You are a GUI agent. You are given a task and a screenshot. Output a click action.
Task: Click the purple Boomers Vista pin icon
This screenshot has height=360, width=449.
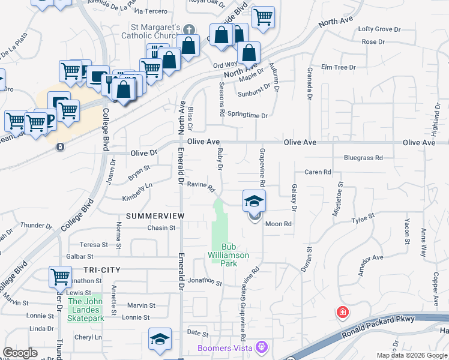[x=260, y=347]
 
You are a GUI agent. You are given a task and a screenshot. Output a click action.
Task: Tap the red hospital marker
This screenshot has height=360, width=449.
[x=342, y=313]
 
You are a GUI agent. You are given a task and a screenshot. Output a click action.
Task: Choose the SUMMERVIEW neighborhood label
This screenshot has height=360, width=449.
[x=154, y=215]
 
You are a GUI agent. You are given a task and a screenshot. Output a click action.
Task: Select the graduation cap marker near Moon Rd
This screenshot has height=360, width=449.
[x=254, y=201]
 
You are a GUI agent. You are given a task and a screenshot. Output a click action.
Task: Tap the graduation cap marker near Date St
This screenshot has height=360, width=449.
[x=160, y=339]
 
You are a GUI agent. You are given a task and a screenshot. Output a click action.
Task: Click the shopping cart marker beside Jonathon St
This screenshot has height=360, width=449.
[x=60, y=277]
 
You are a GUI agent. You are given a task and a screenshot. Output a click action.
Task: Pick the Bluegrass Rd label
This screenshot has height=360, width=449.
[x=363, y=158]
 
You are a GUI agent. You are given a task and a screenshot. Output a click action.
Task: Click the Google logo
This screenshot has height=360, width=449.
[x=20, y=353]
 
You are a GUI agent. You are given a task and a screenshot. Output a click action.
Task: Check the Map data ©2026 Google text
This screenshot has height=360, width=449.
[x=411, y=355]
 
